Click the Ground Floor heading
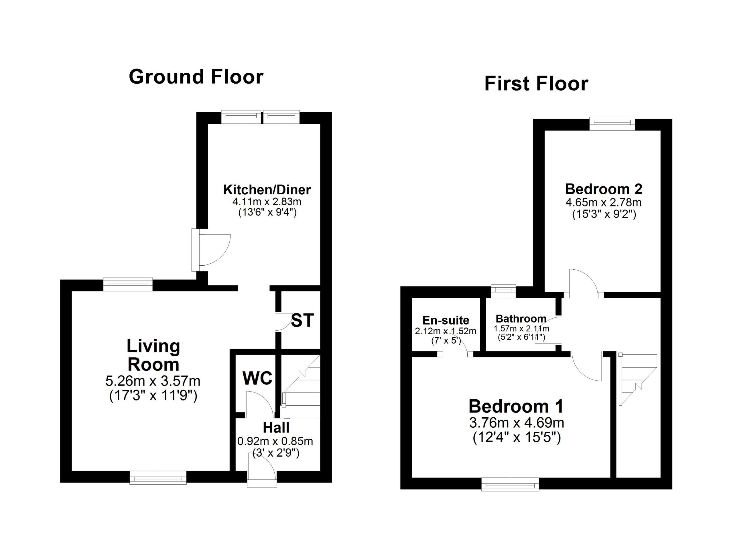pos(196,77)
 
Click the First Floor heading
pos(536,84)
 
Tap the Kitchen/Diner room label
pos(267,189)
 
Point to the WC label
pos(258,378)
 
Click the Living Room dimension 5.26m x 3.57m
pos(153,381)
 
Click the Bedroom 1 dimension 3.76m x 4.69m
pos(517,423)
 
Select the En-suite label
pos(446,320)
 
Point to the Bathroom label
pos(521,319)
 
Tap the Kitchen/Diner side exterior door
pos(211,250)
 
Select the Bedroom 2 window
pos(612,124)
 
